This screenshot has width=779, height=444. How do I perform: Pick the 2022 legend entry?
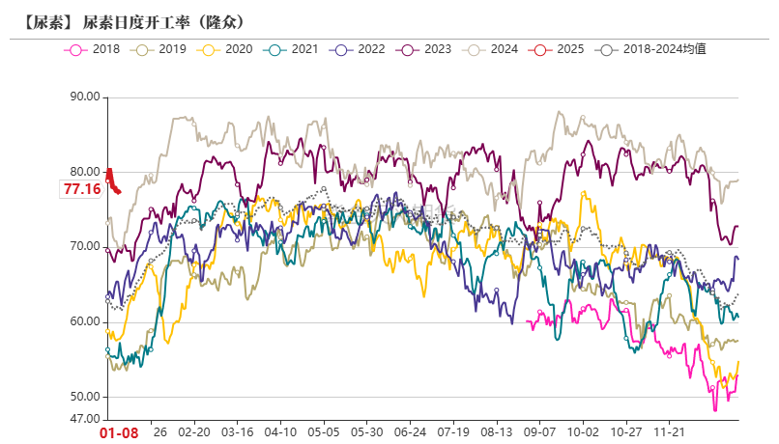[x=358, y=48]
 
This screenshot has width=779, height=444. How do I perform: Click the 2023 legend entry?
[x=423, y=48]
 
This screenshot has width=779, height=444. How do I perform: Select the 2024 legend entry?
[x=490, y=48]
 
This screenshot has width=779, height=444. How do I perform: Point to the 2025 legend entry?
[x=556, y=48]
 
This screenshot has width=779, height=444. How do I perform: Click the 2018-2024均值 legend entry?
[x=652, y=48]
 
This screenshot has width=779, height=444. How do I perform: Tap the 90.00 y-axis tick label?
[x=85, y=97]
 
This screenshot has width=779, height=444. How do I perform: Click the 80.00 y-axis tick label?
[x=85, y=172]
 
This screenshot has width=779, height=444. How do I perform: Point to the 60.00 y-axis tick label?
[x=85, y=322]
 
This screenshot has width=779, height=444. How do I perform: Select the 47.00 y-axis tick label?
[x=85, y=419]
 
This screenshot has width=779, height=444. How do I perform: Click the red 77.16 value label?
[x=82, y=189]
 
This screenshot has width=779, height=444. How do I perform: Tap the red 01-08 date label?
[x=120, y=433]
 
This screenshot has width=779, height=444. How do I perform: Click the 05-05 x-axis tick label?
[x=324, y=433]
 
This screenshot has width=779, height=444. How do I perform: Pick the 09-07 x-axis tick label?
[x=539, y=433]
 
